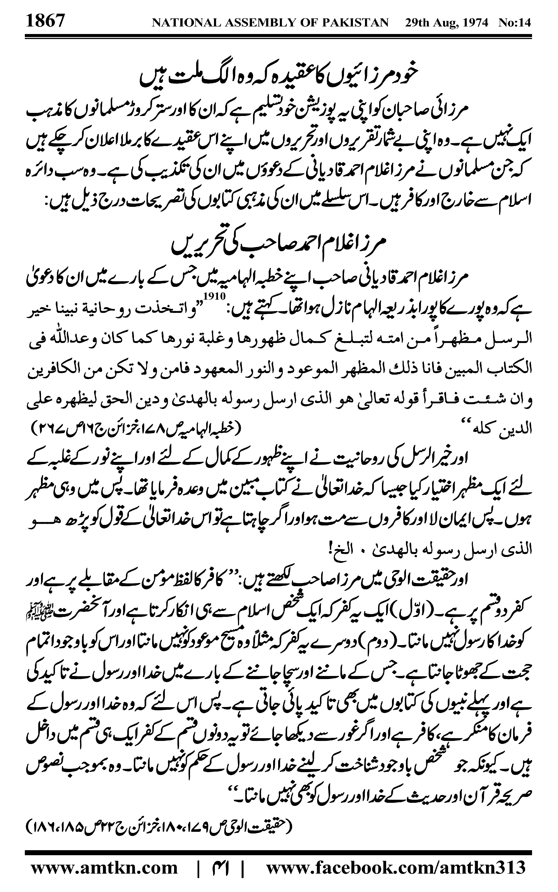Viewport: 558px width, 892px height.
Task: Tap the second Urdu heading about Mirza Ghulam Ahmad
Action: click(x=279, y=245)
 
